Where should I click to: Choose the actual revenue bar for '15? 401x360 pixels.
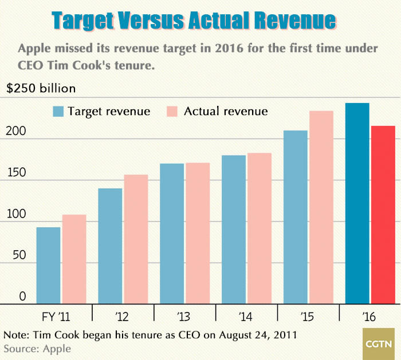click(x=321, y=207)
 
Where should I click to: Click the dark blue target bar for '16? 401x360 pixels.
click(x=357, y=203)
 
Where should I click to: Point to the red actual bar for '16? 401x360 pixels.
click(x=383, y=214)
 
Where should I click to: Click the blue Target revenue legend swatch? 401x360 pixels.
click(x=58, y=111)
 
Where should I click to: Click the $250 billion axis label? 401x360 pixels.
click(x=41, y=89)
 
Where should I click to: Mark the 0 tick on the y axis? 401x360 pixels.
click(x=22, y=296)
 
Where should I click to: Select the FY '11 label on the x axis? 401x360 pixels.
click(x=60, y=315)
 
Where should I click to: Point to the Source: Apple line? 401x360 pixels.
click(x=37, y=348)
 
